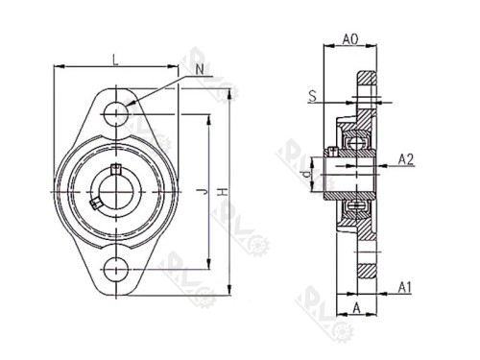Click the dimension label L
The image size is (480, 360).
coord(115,60)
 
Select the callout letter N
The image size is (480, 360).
coord(199,69)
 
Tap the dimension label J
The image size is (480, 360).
coord(200,192)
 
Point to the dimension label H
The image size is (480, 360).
coord(222,193)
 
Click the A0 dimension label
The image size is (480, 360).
coord(351,40)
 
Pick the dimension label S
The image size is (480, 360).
coord(313,96)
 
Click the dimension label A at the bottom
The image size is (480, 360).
coord(356,309)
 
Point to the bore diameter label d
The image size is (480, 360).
coord(305,175)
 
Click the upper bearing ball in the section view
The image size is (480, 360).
coord(361,142)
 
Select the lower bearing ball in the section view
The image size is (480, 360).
coord(361,205)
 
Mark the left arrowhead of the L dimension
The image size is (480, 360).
coord(58,67)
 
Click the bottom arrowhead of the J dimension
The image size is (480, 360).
coord(208,265)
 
